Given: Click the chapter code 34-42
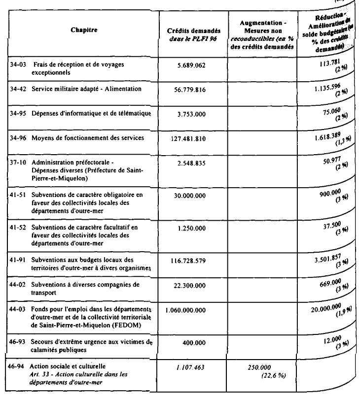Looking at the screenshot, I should coord(18,89).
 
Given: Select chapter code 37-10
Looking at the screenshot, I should coord(18,162).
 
